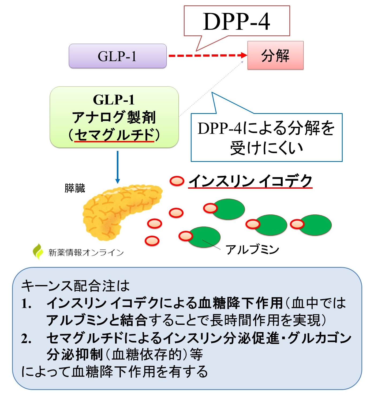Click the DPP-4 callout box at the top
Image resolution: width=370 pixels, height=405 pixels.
coord(237,21)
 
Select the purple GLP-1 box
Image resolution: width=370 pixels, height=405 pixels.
coord(118,56)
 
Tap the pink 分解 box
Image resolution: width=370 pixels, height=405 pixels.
coord(275,55)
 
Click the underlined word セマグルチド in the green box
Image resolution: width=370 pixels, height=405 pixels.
coord(114,135)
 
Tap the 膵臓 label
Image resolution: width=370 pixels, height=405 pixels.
coord(75,188)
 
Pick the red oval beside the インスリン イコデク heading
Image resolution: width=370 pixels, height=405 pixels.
coord(177,181)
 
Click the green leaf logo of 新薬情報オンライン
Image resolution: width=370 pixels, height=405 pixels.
coord(38,251)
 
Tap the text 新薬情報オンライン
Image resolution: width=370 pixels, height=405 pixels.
coord(86,252)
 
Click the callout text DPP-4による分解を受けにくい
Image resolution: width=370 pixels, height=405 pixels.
coord(266,138)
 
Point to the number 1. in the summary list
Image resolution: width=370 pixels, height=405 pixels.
coord(27,304)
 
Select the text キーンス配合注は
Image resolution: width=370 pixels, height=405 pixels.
coord(75,286)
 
